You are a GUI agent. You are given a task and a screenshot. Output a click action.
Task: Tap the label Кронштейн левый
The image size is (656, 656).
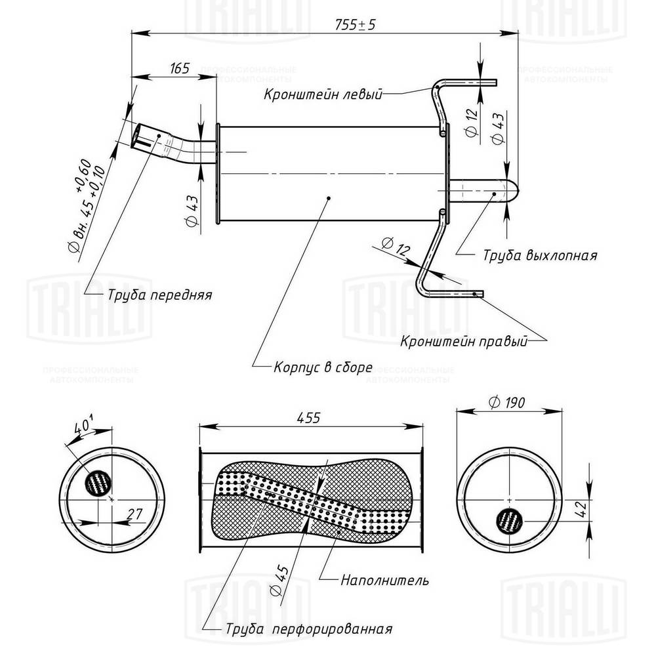tap(322, 94)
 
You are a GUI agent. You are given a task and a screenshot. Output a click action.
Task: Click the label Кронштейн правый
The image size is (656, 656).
tap(464, 342)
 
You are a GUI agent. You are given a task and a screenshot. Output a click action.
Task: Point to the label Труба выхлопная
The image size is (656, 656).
tap(539, 255)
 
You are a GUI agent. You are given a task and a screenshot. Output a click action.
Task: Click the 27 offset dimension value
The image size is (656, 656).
tap(135, 516)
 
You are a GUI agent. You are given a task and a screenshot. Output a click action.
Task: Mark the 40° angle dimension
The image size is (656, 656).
tap(83, 425)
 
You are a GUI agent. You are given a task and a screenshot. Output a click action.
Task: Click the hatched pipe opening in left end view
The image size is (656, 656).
tap(99, 484)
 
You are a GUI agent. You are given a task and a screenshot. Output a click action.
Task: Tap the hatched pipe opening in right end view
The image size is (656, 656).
tap(508, 520)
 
